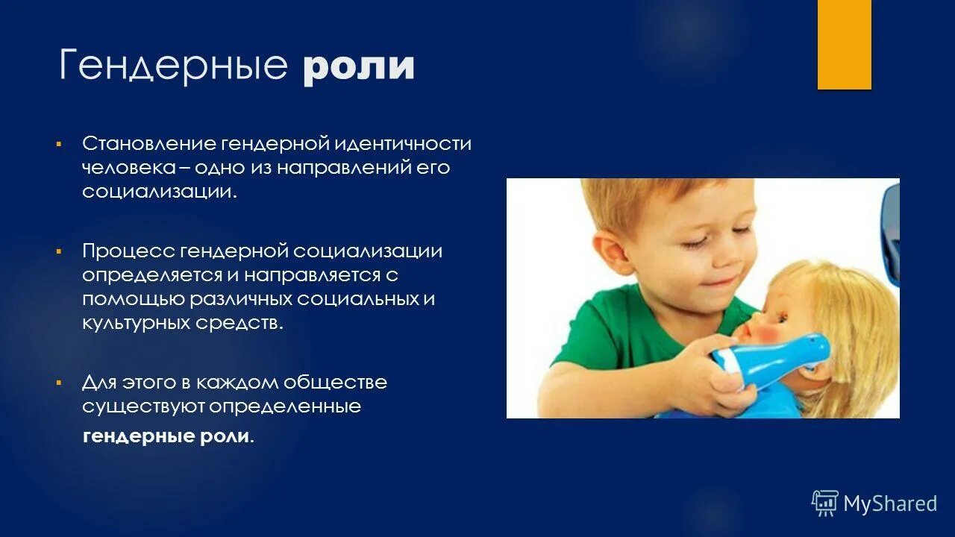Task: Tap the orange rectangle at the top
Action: (844, 45)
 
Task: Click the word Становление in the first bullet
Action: (148, 143)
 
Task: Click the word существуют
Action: (143, 407)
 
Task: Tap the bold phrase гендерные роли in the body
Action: (166, 437)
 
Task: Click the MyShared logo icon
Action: (825, 503)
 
